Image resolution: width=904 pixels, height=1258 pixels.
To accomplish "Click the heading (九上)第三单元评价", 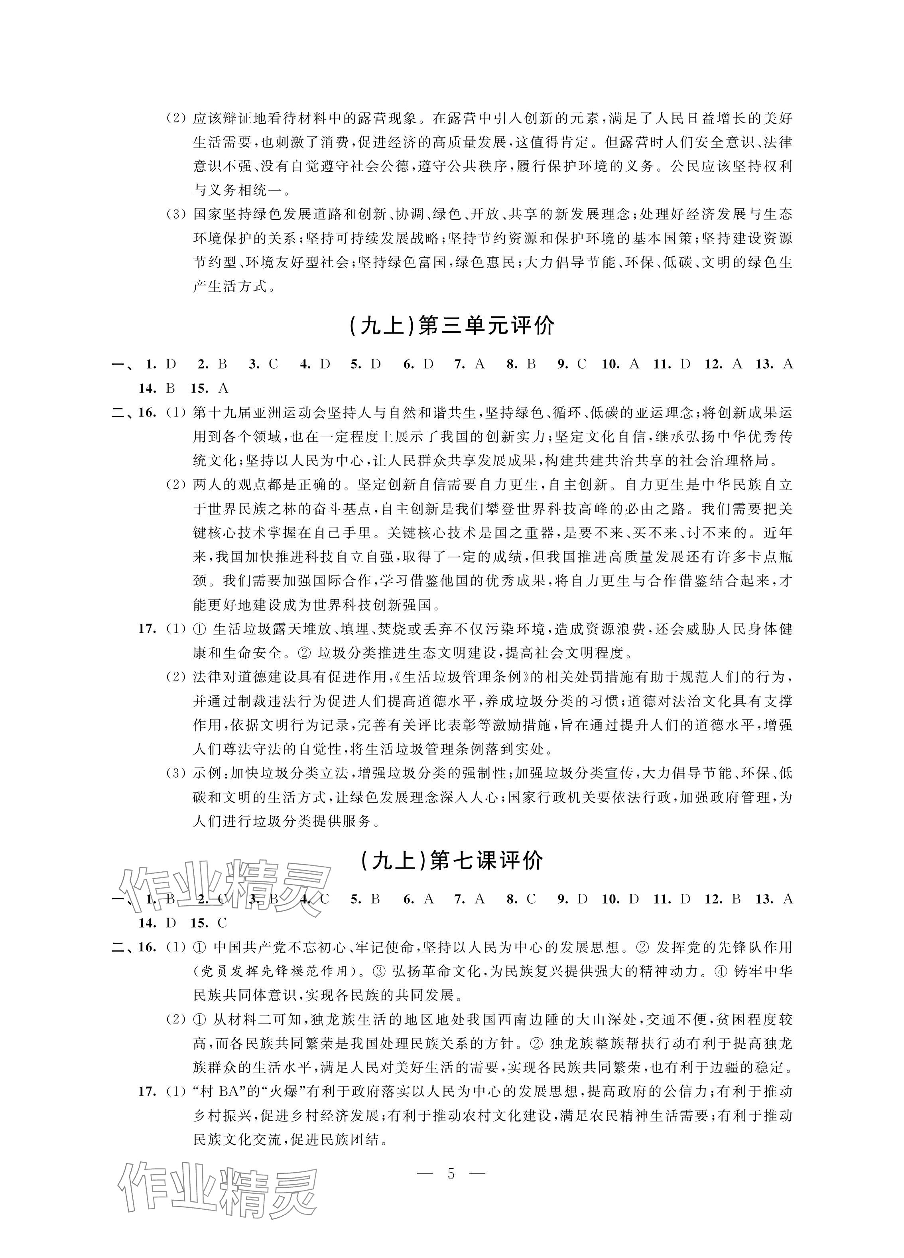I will point(452,326).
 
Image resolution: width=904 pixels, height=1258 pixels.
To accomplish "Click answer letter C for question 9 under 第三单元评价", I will point(581,364).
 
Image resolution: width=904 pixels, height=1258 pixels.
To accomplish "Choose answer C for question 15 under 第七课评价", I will point(222,923).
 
